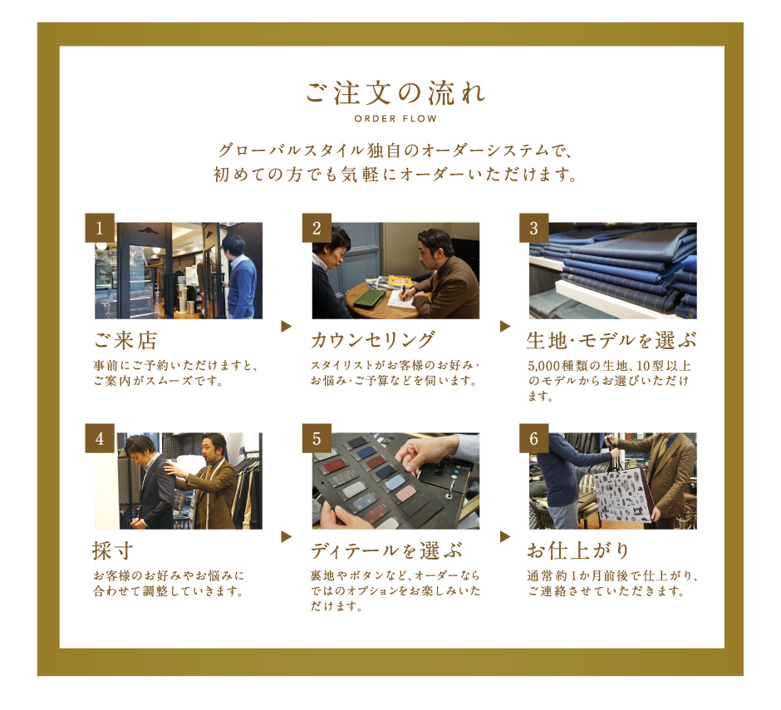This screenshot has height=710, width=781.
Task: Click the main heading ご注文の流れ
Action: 395,93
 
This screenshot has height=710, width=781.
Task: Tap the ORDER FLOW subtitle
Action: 395,119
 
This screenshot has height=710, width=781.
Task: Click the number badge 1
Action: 100,228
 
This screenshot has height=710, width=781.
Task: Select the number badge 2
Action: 317,228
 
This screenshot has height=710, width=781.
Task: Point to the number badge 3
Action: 534,228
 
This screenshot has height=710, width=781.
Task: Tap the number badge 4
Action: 100,438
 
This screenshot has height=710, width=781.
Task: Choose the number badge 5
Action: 317,438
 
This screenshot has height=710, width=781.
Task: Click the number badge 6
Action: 534,438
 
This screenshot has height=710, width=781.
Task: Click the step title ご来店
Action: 125,341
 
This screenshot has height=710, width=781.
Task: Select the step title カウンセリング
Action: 373,341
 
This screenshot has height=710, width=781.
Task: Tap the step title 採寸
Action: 112,551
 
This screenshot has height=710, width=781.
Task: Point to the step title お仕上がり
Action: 577,551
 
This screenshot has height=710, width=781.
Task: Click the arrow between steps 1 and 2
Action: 287,327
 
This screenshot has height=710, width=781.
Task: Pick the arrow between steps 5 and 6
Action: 505,536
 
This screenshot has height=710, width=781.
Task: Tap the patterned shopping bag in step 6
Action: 621,495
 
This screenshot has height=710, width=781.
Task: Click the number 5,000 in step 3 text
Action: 544,366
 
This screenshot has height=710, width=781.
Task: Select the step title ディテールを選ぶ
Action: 386,551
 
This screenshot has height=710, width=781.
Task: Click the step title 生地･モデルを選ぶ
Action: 612,341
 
